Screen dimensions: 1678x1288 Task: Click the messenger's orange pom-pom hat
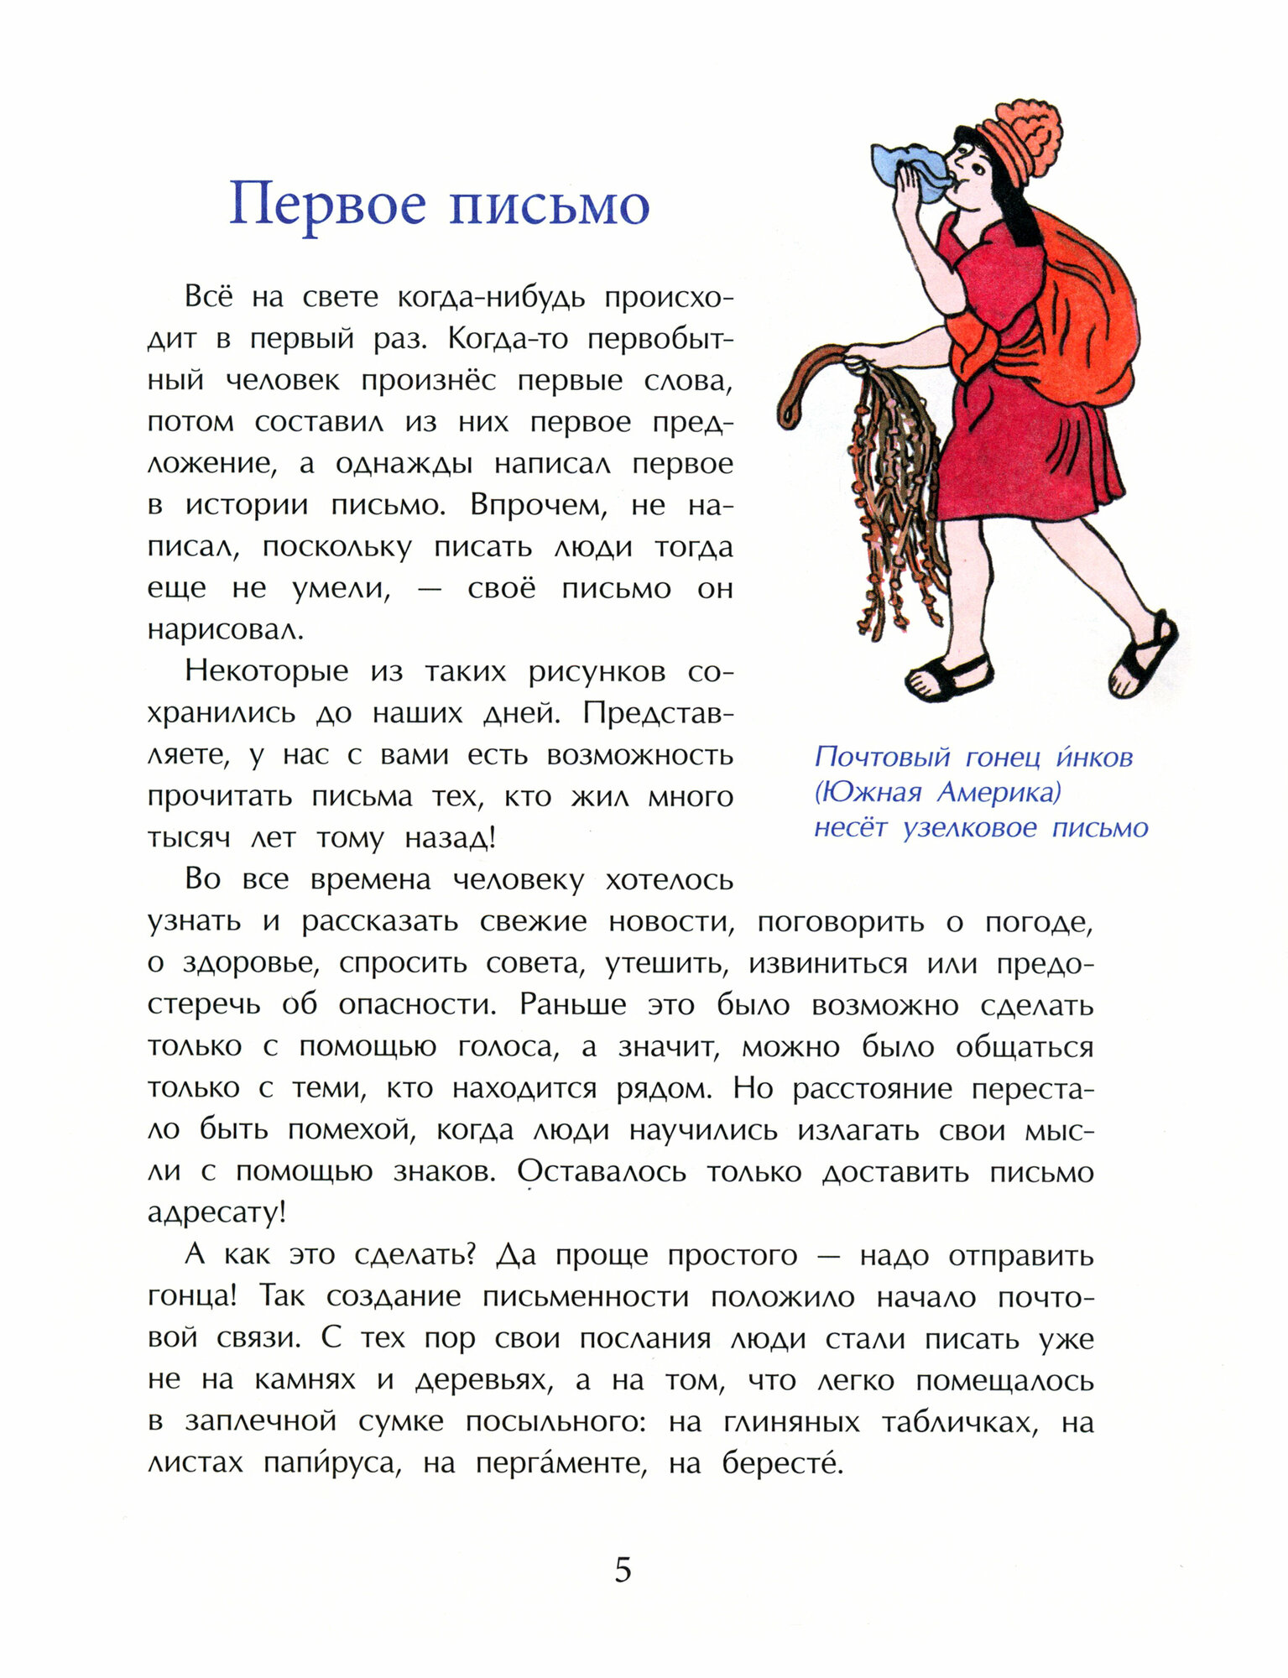[x=1019, y=138]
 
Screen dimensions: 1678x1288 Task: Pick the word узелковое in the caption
[x=970, y=828]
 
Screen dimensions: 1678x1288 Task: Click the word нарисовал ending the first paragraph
[x=226, y=630]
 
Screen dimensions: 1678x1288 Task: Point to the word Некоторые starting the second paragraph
[x=266, y=671]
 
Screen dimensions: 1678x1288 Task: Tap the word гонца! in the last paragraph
[x=192, y=1297]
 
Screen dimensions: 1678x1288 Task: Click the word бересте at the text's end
[x=782, y=1463]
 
